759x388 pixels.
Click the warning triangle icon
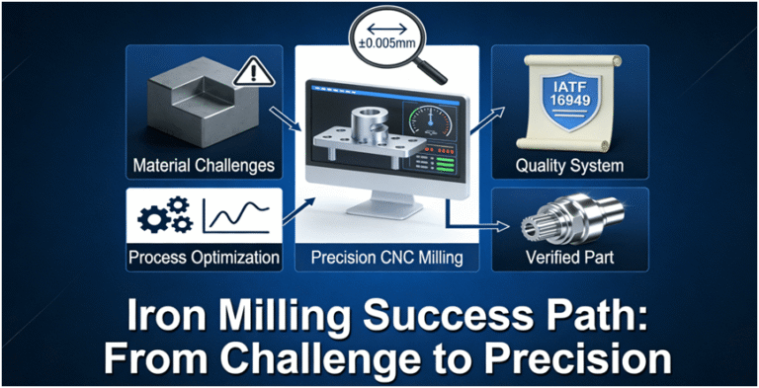(250, 72)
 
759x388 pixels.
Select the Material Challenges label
(204, 165)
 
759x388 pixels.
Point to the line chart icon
(238, 214)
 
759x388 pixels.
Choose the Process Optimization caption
(205, 259)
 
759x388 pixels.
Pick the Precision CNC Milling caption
(388, 259)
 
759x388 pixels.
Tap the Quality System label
(569, 165)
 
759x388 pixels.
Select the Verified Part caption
(570, 259)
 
